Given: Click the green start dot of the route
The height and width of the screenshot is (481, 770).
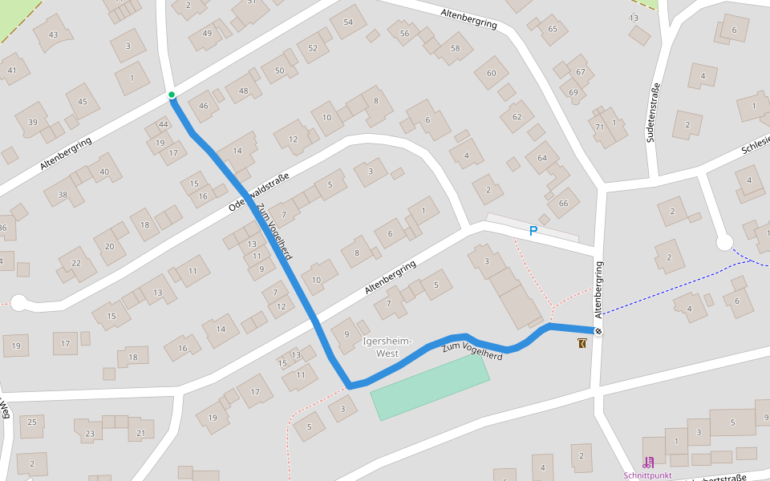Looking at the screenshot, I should (172, 95).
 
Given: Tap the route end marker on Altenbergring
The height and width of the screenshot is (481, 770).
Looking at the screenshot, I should (598, 331).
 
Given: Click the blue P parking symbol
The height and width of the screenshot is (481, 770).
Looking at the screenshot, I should (533, 232).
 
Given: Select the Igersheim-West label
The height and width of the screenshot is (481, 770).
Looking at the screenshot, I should (387, 347).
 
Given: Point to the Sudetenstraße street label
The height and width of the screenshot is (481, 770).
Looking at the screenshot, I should (654, 113).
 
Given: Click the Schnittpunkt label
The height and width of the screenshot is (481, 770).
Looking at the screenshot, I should (648, 475).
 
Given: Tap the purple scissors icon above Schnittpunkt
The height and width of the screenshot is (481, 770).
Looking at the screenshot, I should (648, 462).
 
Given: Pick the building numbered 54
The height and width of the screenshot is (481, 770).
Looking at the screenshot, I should (348, 22).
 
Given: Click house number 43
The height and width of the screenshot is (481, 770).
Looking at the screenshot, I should (54, 34).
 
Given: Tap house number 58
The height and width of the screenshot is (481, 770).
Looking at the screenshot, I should (456, 48).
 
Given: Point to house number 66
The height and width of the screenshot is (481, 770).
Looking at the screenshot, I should (563, 203).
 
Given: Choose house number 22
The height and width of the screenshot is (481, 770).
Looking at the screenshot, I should (76, 263).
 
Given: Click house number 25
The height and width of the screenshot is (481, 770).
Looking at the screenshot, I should (32, 422).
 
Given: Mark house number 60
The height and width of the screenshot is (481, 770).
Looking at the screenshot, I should (492, 73).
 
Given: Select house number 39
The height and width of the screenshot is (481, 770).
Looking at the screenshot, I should (32, 122).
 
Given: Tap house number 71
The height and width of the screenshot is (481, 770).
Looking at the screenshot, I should (599, 127).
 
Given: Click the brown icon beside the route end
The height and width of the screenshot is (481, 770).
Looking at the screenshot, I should (582, 343).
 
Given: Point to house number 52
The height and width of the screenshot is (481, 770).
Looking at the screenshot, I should (313, 48).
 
